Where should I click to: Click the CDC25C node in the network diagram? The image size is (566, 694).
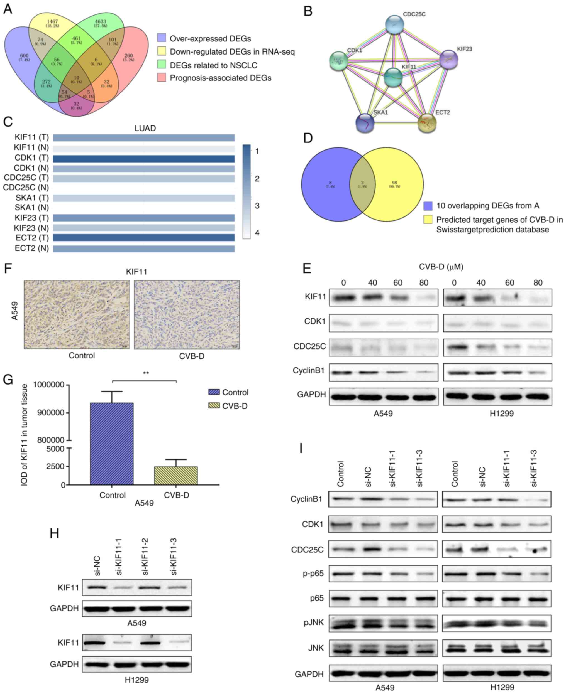394,24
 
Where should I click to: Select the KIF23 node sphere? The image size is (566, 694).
449,60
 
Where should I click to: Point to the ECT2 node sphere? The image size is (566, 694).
427,123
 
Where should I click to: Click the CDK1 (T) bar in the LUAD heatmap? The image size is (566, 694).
144,159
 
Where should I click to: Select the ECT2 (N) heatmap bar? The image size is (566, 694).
144,248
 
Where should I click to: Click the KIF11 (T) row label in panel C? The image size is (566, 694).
32,137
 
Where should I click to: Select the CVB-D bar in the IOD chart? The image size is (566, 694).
176,476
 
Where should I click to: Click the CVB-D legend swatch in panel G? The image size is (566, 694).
214,406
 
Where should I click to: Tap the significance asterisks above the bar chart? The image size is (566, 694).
146,373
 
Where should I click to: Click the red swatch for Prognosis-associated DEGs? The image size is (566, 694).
162,78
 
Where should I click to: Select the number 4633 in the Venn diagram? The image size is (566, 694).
101,22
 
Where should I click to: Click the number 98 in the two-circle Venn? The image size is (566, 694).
394,183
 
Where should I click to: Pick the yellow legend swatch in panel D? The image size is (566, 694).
428,220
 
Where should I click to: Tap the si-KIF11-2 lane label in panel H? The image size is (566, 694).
145,557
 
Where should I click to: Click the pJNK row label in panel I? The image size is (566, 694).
314,622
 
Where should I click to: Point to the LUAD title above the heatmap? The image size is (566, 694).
145,128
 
